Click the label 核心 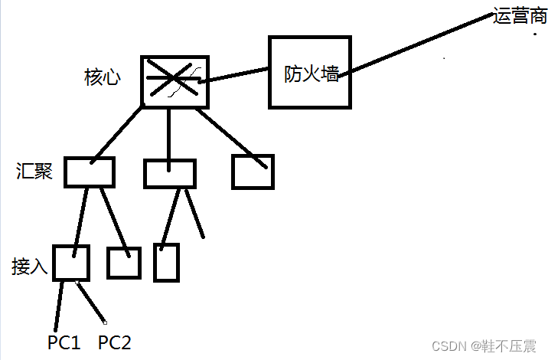[102, 77]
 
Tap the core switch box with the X [175, 80]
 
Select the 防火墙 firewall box [309, 73]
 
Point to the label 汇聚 [34, 171]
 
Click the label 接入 [30, 267]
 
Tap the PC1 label [64, 342]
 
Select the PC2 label [115, 342]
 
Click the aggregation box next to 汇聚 [89, 172]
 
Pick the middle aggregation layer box [170, 173]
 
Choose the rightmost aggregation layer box [253, 172]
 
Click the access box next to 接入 [71, 263]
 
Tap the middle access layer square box [123, 263]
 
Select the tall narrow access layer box [166, 262]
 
